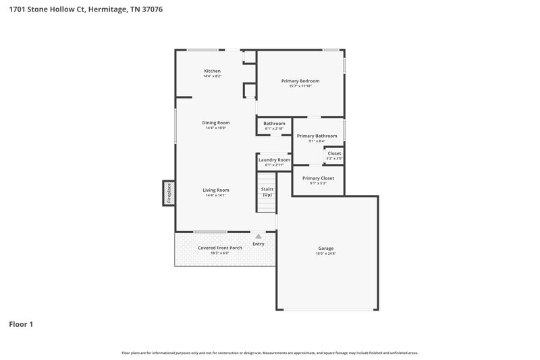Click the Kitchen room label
click(213, 71)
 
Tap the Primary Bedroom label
click(300, 81)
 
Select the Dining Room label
click(216, 123)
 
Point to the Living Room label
click(216, 190)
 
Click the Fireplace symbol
click(169, 192)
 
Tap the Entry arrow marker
click(258, 236)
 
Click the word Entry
click(259, 244)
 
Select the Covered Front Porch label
click(219, 248)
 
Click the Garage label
click(326, 248)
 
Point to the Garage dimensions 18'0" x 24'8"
click(326, 254)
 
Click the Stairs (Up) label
click(267, 192)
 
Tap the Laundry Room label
click(274, 160)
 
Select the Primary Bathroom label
click(317, 136)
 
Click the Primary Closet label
click(317, 178)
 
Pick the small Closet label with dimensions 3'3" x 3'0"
click(334, 153)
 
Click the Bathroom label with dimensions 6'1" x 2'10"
click(274, 124)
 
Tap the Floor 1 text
click(21, 324)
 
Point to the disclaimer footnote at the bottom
click(270, 353)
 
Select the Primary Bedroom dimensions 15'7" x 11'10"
click(300, 86)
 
